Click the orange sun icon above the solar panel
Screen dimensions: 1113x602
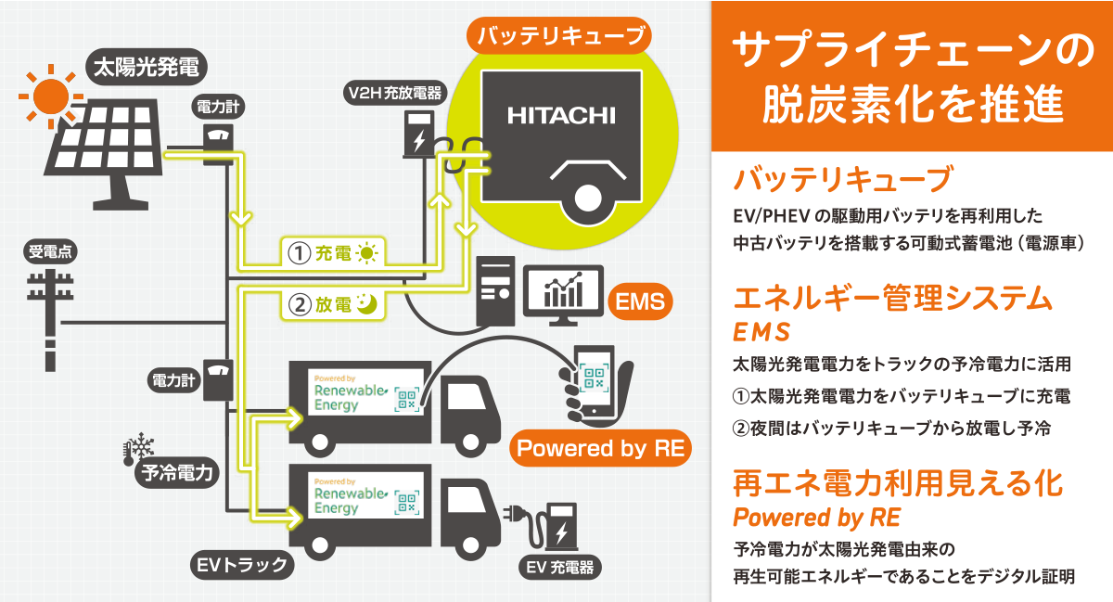click(x=51, y=96)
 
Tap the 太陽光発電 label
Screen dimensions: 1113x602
click(x=147, y=67)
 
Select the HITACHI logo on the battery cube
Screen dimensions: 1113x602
click(x=561, y=116)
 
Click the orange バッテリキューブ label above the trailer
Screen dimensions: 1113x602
click(x=559, y=36)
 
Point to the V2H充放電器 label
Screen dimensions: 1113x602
click(x=395, y=93)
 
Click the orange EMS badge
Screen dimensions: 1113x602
click(x=640, y=301)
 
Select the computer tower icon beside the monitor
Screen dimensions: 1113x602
click(x=495, y=291)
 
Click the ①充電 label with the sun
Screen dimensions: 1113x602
click(x=333, y=253)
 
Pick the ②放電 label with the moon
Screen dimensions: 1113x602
click(x=333, y=304)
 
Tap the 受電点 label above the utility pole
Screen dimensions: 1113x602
click(x=50, y=251)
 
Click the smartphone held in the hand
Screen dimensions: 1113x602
click(x=594, y=381)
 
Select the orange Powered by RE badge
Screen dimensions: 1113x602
click(x=600, y=448)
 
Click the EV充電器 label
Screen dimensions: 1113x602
click(x=559, y=567)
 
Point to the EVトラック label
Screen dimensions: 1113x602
click(x=242, y=565)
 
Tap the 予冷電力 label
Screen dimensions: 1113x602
click(x=177, y=472)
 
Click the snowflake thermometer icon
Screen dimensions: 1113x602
click(x=138, y=448)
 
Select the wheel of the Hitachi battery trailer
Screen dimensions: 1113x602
click(x=588, y=198)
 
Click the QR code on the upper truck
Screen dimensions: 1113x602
click(x=407, y=399)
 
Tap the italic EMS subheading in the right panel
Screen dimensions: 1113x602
click(x=761, y=332)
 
